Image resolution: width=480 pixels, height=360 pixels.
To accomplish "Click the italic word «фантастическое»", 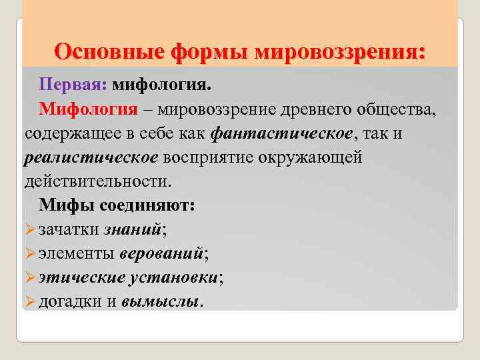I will [281, 133].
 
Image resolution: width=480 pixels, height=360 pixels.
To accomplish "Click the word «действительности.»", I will [98, 181].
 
